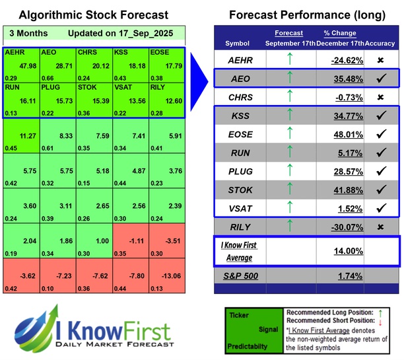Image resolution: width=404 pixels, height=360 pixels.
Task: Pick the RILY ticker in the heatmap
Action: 159,86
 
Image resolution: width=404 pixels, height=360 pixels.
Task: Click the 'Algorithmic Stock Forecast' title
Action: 93,15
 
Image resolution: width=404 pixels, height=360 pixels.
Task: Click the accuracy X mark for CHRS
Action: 382,97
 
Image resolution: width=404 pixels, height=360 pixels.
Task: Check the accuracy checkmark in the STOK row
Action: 382,191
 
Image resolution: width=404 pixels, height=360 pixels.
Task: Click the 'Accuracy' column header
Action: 381,43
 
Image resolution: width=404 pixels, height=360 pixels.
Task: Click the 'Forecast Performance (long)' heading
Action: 307,15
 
